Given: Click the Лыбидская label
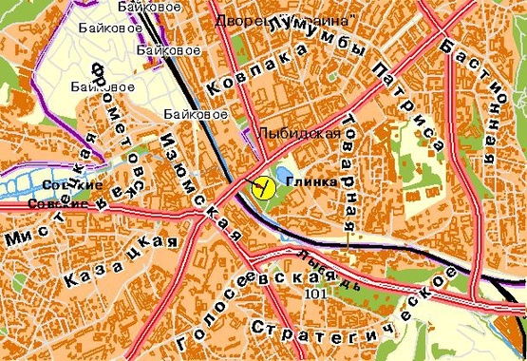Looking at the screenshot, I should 300,134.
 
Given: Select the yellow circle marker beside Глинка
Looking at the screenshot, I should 258,185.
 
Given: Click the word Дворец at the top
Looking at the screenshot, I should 237,19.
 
